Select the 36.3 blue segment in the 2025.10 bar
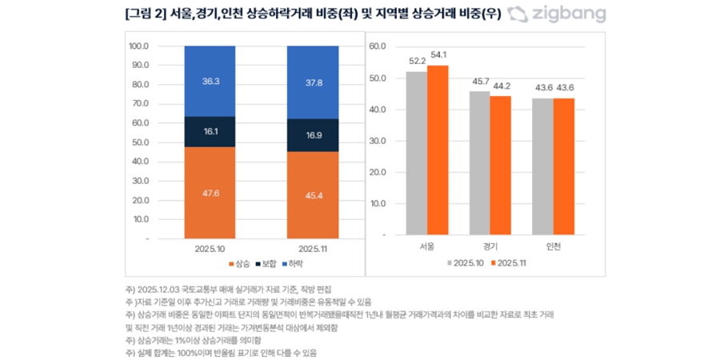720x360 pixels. click(210, 81)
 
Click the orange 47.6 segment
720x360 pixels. click(210, 192)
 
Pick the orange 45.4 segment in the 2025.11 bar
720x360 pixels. click(313, 194)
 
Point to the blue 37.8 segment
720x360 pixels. click(313, 82)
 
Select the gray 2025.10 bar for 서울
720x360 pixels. click(416, 154)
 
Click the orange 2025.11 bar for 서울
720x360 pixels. click(438, 150)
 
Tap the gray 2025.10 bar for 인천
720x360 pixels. click(542, 166)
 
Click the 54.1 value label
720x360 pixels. click(438, 55)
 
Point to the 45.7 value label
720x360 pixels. click(478, 82)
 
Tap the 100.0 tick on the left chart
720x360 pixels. click(138, 46)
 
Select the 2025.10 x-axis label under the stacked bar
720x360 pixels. click(210, 249)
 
